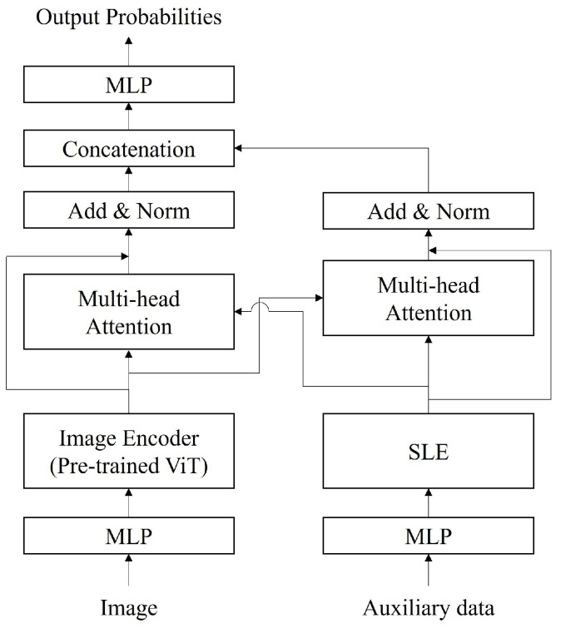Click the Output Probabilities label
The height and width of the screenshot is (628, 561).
[128, 17]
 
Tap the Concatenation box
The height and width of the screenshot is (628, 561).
[128, 150]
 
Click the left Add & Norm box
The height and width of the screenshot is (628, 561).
[128, 211]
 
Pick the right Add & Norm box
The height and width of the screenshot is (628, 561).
[429, 211]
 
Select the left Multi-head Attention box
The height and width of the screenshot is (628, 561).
[128, 312]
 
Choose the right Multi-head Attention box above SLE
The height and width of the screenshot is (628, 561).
[429, 299]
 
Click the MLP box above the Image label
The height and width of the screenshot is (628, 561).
[128, 536]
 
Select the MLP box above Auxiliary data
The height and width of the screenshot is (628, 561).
[429, 536]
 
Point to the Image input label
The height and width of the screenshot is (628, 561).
[128, 608]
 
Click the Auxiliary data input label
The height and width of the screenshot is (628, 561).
[429, 608]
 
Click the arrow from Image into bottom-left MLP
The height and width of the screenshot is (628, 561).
[128, 572]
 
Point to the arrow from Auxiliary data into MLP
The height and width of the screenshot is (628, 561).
[429, 572]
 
